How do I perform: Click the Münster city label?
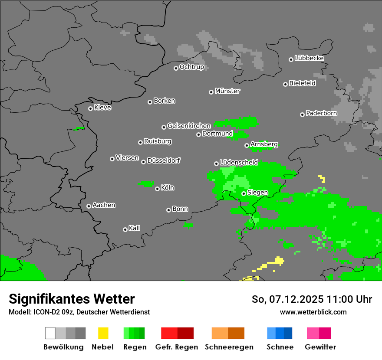(227, 91)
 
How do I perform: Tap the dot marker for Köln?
(157, 189)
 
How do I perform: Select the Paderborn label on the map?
(321, 114)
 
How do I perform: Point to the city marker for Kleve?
(90, 108)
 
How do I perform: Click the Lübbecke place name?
(309, 58)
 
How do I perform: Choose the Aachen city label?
(104, 205)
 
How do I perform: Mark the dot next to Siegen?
(244, 193)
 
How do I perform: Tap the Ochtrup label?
(192, 67)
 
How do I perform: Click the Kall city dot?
(125, 229)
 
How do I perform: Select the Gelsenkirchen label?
(189, 126)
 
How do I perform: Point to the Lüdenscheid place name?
(239, 163)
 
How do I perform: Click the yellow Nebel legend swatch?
(103, 333)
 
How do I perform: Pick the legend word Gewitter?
(320, 347)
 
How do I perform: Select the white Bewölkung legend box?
(50, 333)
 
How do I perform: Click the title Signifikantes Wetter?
(72, 299)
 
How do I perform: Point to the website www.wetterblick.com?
(313, 312)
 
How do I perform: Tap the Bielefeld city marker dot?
(285, 84)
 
